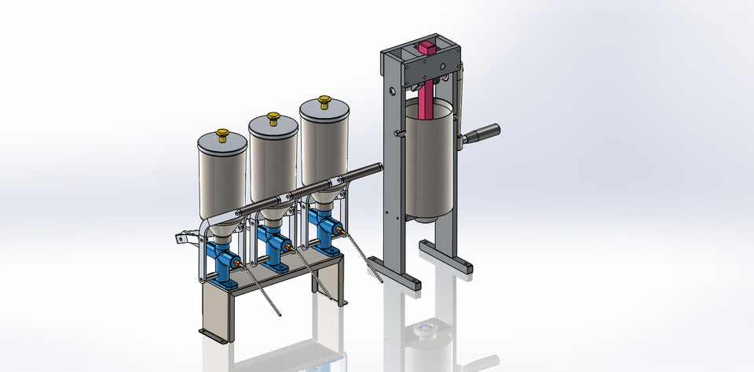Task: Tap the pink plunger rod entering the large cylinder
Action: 425,98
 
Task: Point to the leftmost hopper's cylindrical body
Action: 222,177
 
